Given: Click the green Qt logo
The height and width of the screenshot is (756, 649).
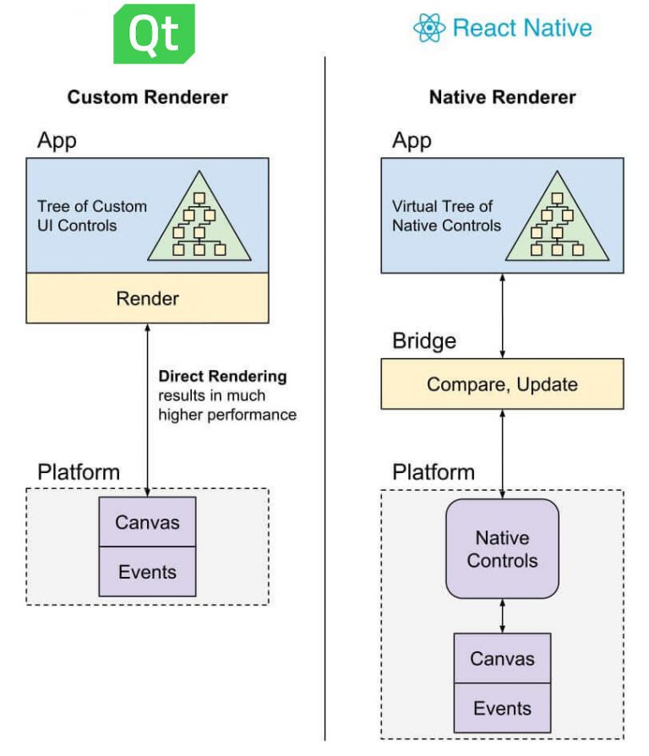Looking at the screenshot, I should pos(154,34).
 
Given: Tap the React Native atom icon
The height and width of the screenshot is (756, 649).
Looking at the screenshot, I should pos(429,28).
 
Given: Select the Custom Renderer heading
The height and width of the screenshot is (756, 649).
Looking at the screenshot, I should pos(148,97).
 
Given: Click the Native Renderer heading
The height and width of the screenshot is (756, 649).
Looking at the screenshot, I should pos(502,97).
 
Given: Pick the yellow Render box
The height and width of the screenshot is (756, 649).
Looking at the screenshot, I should pos(148,298).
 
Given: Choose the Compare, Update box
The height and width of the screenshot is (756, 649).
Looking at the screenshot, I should pos(502,384).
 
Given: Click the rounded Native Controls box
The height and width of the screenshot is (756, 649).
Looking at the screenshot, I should pos(502,549).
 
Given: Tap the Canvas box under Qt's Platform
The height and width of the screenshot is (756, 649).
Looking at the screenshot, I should pos(148,522).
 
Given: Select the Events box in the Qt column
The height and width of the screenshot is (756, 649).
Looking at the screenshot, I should pos(148,572).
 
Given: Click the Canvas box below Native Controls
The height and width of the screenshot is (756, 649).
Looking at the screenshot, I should pos(502,659).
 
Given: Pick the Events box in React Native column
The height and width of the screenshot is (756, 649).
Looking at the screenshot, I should pos(502,708).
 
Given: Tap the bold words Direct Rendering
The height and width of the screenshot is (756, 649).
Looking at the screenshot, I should pos(222,376).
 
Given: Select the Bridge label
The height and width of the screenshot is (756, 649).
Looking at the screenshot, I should pos(424,341).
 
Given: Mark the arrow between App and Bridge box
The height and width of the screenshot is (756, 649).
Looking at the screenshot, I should pos(503,315).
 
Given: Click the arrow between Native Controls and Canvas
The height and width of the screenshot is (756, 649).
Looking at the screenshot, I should pos(503,616).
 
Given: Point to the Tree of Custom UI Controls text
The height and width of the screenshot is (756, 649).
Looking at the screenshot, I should pos(92,215).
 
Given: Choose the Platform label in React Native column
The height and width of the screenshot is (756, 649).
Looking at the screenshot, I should pos(434,472).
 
